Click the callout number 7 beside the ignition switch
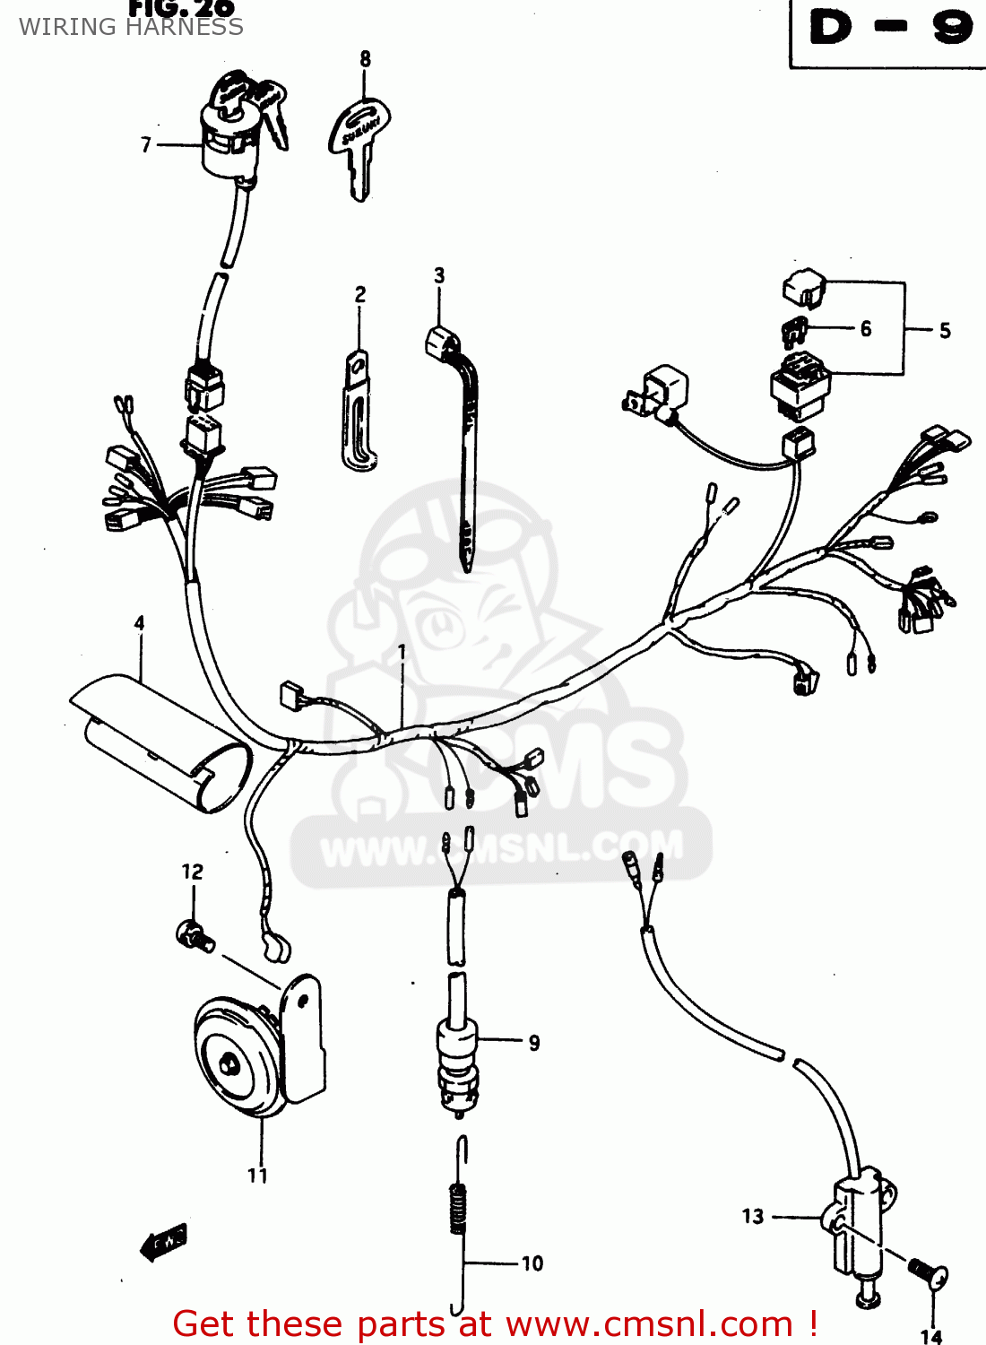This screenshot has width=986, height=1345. pyautogui.click(x=146, y=144)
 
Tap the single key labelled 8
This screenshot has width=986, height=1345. pyautogui.click(x=360, y=143)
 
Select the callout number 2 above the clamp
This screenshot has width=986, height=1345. pyautogui.click(x=360, y=294)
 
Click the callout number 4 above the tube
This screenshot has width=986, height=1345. pyautogui.click(x=139, y=622)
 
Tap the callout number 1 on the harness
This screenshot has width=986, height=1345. pyautogui.click(x=402, y=652)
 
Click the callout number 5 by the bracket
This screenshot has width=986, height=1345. pyautogui.click(x=945, y=331)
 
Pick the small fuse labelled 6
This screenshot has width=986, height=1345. pyautogui.click(x=793, y=331)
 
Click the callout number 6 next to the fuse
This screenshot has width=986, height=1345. pyautogui.click(x=865, y=329)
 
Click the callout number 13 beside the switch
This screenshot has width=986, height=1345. pyautogui.click(x=753, y=1216)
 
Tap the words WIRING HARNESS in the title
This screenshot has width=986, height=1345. pyautogui.click(x=131, y=27)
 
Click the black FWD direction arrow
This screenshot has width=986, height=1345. pyautogui.click(x=164, y=1243)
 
